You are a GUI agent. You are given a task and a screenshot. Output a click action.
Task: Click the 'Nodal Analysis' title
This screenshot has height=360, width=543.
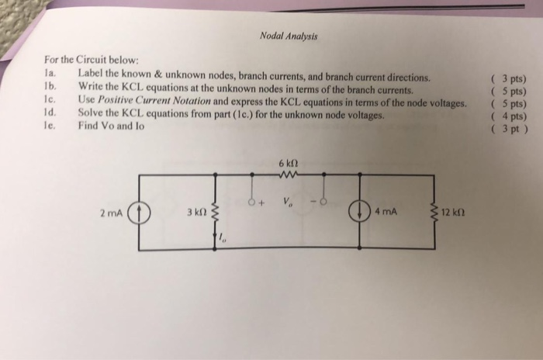coord(289,36)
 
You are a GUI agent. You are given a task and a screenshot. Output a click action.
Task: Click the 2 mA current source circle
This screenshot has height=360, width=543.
coord(139,213)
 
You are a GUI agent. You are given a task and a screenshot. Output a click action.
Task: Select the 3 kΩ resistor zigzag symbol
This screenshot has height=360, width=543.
coord(216,213)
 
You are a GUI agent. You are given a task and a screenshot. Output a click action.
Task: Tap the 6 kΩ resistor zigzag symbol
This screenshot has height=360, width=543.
coord(288,175)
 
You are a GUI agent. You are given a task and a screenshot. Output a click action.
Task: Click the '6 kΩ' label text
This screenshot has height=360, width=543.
coord(288,163)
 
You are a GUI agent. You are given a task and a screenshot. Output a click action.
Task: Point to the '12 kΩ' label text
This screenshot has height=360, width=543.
coord(453,212)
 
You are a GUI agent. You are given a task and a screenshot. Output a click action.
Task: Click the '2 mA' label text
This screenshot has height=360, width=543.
coord(111,213)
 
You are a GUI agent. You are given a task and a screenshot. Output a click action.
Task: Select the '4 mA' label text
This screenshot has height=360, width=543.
coord(386,211)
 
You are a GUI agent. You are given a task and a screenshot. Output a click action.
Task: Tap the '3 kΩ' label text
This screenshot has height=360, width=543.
coord(197,212)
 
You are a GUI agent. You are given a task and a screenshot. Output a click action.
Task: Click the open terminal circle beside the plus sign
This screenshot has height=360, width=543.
coord(252,202)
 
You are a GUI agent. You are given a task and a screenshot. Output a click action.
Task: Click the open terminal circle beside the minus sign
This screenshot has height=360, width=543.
coord(323,201)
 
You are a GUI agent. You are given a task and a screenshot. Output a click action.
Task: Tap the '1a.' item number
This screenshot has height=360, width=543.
coord(50,73)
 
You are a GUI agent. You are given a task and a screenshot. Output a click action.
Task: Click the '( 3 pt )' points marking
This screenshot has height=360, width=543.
coord(510,129)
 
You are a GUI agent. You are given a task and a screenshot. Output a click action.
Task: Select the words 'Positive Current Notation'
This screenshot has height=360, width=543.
coord(154,101)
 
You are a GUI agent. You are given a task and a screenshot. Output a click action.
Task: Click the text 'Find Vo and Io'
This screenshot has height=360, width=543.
coord(111,126)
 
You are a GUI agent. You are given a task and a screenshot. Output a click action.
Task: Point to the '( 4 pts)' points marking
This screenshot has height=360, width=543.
coord(509,116)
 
